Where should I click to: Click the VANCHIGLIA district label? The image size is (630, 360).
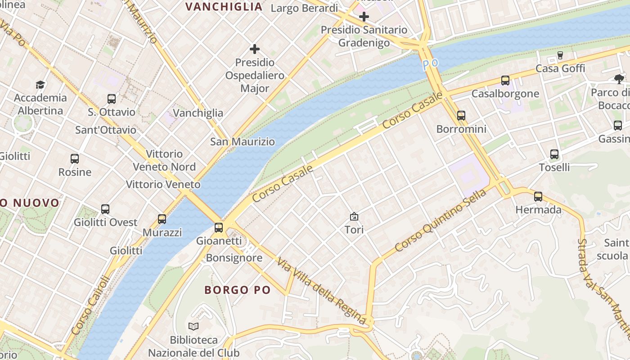coord(224,6)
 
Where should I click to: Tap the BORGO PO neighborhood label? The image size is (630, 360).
coord(238,290)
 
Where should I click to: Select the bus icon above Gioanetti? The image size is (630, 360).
coord(219,227)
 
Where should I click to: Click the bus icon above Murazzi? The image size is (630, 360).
coord(162,219)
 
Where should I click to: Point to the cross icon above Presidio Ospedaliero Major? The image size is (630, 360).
coord(255,49)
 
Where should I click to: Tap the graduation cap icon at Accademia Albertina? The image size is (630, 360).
coord(40,85)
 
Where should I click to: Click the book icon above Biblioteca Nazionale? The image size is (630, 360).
coord(193,326)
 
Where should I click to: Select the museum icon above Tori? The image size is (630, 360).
coord(354,216)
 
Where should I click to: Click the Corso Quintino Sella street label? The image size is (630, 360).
coord(441,220)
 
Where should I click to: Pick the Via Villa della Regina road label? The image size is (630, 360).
coord(321,291)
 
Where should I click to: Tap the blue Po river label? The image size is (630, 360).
coord(430,64)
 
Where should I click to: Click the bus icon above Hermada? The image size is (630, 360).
coord(538,196)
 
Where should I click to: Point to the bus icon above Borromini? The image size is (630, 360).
coord(461,116)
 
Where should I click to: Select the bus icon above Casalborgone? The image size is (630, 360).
coord(505,81)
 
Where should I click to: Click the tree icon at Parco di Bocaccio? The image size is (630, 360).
coord(619,79)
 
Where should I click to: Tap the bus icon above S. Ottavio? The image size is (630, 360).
coord(112,99)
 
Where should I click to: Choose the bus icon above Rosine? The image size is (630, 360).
coord(75,158)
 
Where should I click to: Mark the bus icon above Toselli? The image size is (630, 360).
coord(554,154)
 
